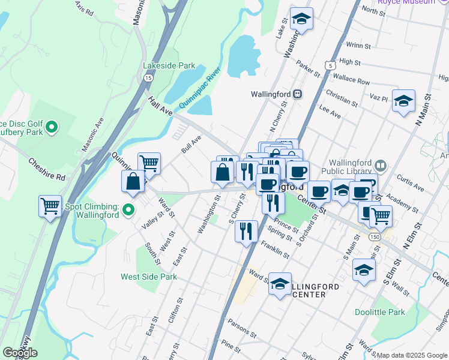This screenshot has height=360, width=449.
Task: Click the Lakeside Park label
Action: pos(169,65)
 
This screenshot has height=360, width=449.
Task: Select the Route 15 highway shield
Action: pos(148,77)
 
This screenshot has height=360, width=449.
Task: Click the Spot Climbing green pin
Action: pos(128,210)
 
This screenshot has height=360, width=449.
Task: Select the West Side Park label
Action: pos(149,277)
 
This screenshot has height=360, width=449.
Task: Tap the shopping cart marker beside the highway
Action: pos(50,206)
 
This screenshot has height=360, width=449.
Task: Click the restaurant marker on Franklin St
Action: pos(246,231)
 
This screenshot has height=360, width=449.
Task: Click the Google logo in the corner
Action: pos(20,353)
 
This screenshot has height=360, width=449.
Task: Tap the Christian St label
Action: pos(342,98)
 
